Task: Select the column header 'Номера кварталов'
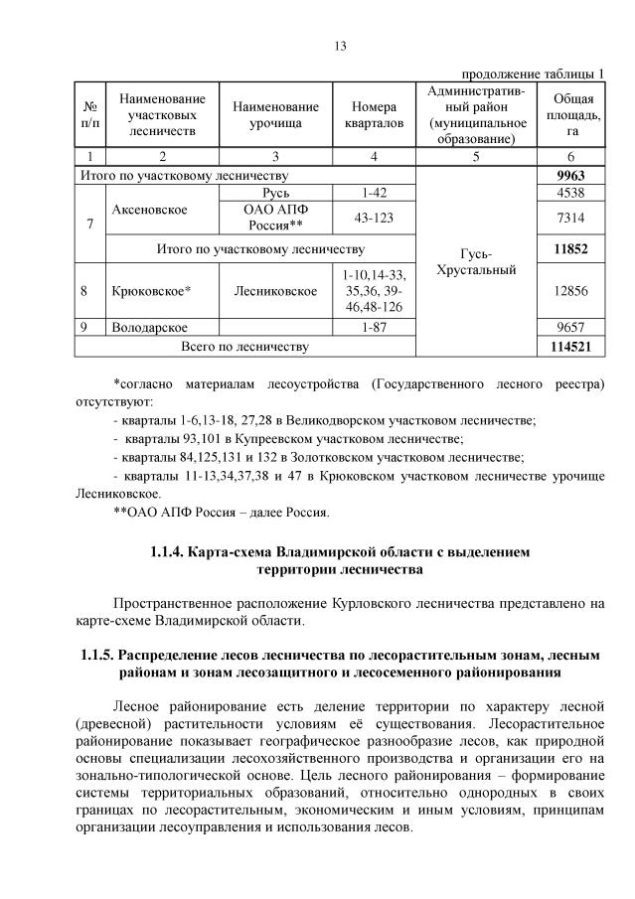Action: (x=374, y=114)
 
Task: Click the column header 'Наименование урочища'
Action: (x=275, y=114)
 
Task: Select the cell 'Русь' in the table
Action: (x=275, y=193)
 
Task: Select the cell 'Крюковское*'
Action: (x=151, y=292)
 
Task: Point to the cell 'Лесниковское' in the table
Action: (x=275, y=292)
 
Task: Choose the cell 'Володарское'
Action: (x=150, y=327)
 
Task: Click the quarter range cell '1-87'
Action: (x=374, y=327)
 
